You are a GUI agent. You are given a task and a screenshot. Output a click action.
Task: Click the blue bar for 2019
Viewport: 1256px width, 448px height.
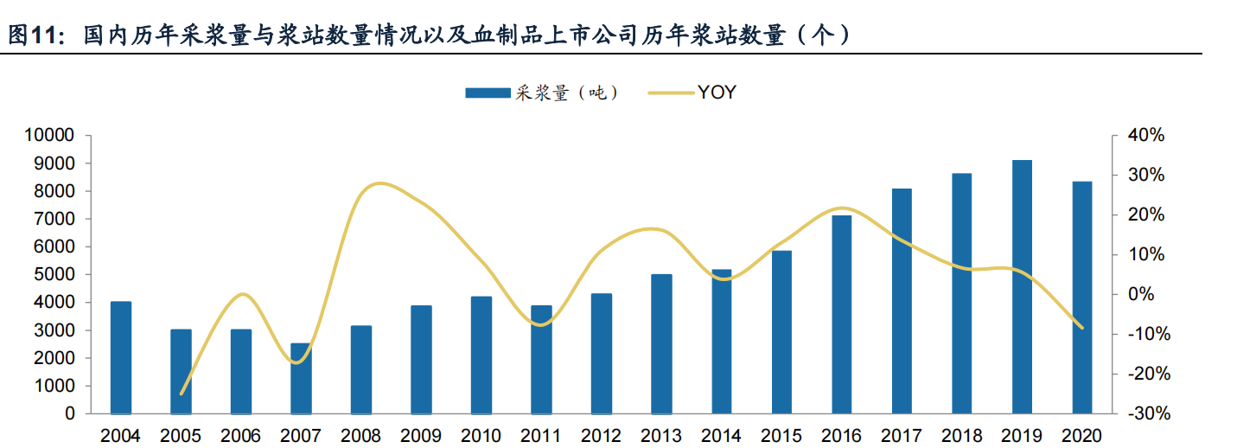(x=1022, y=287)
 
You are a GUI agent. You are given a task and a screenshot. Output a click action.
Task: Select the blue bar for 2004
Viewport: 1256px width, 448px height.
(x=120, y=358)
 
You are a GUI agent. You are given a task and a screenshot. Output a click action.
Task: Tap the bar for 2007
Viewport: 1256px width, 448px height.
(x=301, y=379)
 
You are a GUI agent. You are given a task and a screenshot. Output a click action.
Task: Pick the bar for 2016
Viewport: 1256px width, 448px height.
(x=842, y=315)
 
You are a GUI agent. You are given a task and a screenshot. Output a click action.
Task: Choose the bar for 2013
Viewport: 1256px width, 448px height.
(x=661, y=344)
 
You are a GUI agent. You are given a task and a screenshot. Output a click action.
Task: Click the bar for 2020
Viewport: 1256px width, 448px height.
(x=1082, y=298)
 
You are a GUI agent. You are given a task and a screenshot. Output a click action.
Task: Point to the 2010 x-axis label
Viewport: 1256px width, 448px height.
(x=481, y=436)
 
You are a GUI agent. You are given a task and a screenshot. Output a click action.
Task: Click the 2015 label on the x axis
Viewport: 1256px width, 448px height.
(x=781, y=436)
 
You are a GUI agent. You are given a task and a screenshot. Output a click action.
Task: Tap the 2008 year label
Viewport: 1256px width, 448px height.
(x=360, y=436)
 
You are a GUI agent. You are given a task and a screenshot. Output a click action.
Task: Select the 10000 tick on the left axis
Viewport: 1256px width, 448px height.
(x=49, y=135)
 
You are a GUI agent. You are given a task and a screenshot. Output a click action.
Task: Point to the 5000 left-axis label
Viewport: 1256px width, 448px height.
(x=54, y=274)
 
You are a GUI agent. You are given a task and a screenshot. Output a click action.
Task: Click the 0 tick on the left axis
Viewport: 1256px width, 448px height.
(x=69, y=413)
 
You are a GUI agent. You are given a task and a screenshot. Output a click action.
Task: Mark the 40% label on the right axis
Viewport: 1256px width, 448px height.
(x=1146, y=135)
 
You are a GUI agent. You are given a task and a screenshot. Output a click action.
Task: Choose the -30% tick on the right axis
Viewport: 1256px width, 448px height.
(x=1149, y=413)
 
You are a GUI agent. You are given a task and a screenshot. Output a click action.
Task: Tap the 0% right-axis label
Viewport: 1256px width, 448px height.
(x=1141, y=294)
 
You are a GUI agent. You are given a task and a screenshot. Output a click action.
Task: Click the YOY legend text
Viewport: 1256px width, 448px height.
(x=717, y=93)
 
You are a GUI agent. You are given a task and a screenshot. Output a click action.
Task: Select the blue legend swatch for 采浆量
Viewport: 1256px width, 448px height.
(x=488, y=93)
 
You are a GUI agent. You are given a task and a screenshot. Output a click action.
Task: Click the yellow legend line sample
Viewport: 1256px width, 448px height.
(x=671, y=93)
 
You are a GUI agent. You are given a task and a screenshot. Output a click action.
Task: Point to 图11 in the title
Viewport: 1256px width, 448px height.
(x=33, y=35)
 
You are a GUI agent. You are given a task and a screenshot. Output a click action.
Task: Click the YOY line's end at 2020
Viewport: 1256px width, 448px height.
(x=1082, y=328)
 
